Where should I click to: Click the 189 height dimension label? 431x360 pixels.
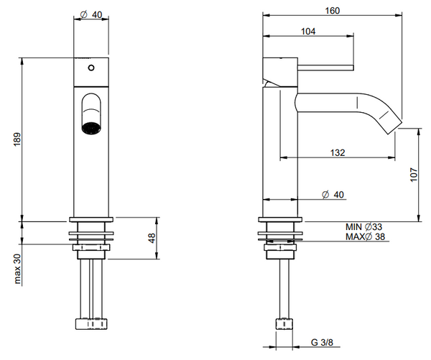(15, 139)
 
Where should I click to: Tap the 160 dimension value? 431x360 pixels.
(332, 11)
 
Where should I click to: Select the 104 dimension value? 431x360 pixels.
(308, 31)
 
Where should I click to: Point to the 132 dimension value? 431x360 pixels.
(338, 152)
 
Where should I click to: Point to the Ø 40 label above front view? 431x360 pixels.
(91, 14)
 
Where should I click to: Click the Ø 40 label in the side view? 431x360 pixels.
(334, 195)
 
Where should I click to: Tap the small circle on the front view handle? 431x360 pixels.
(91, 68)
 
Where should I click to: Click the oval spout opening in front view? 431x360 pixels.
(91, 114)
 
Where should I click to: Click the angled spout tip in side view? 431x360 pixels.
(392, 122)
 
